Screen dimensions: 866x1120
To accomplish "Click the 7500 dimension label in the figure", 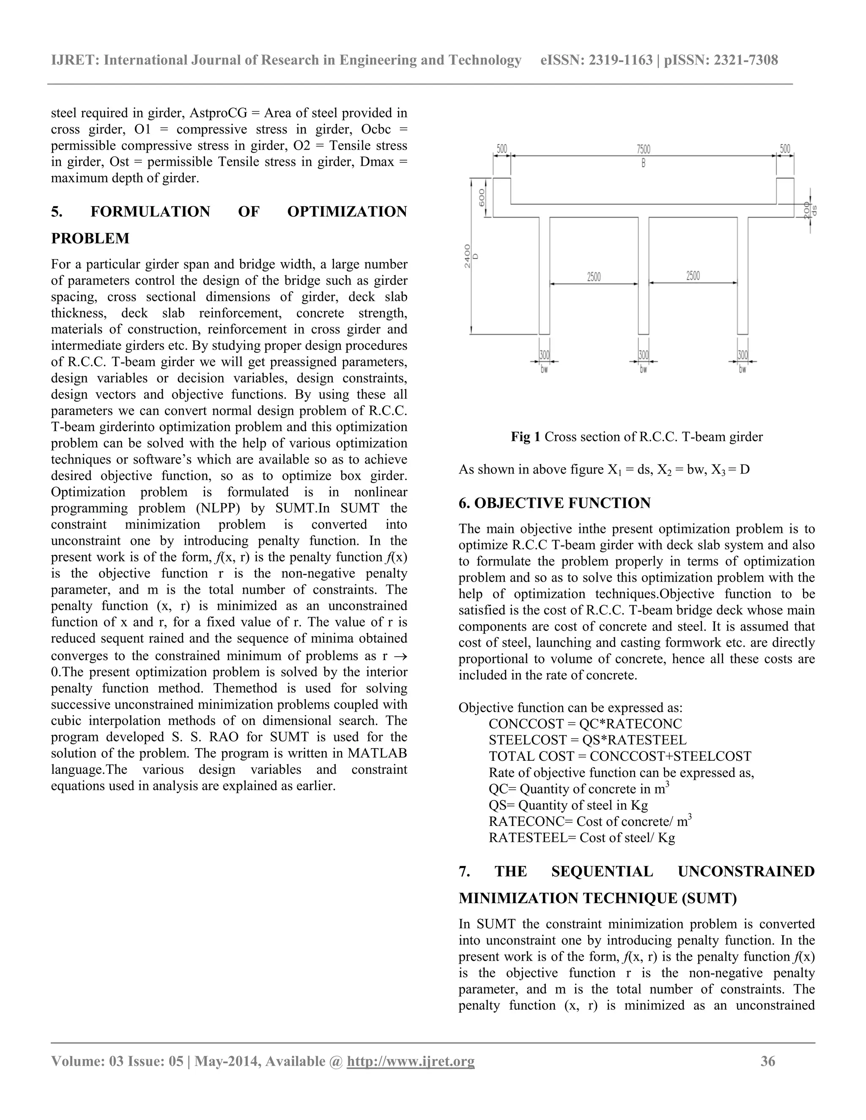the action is pyautogui.click(x=643, y=149).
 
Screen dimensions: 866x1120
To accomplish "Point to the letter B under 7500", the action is pyautogui.click(x=643, y=164).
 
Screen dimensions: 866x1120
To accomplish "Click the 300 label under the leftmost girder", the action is pyautogui.click(x=544, y=355).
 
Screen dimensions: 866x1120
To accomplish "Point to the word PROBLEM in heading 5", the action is pyautogui.click(x=90, y=238).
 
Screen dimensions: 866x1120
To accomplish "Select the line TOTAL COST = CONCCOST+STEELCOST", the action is pyautogui.click(x=620, y=757).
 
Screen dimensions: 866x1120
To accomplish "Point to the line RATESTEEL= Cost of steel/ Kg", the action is pyautogui.click(x=582, y=838).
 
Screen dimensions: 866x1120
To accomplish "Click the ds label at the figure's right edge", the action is pyautogui.click(x=814, y=210).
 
